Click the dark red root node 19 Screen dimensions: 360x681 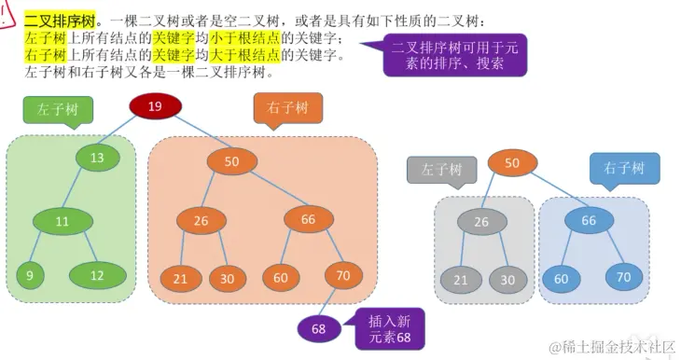[155, 107]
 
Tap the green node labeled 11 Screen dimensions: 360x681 [62, 222]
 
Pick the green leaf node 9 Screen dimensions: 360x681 [30, 275]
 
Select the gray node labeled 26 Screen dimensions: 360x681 [482, 221]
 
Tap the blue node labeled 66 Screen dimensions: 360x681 [589, 221]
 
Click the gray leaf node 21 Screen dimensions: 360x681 [459, 278]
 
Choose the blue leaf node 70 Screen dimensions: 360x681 [623, 276]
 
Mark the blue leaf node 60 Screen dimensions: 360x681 [562, 278]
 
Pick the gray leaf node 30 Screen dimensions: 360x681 [507, 278]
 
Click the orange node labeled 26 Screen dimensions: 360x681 [202, 221]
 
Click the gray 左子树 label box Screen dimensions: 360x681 [441, 171]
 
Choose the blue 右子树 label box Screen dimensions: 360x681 [624, 169]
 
